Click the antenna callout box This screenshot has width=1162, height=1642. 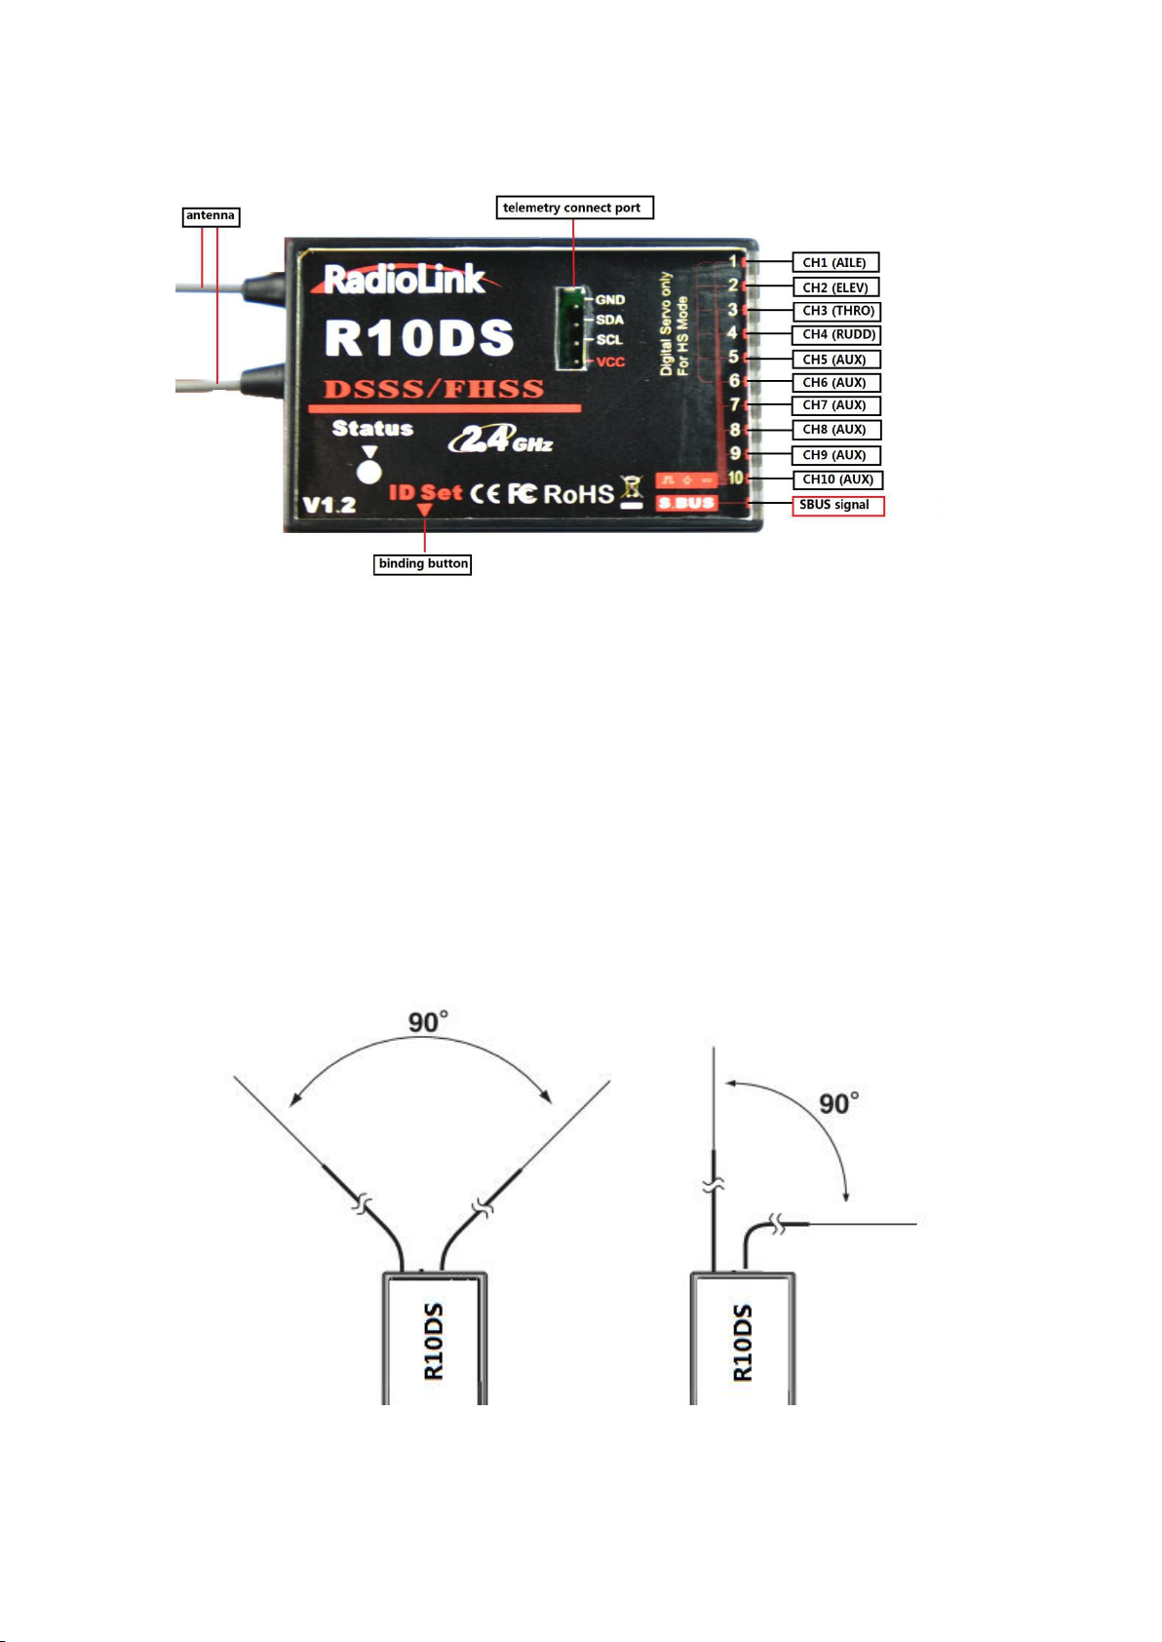pyautogui.click(x=212, y=216)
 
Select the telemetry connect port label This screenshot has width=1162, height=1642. pyautogui.click(x=575, y=208)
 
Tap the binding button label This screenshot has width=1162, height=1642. pyautogui.click(x=422, y=563)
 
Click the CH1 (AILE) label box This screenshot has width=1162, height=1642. pyautogui.click(x=835, y=262)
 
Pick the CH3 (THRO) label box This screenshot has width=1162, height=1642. pyautogui.click(x=836, y=311)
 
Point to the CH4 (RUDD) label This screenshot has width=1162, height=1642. pyautogui.click(x=836, y=335)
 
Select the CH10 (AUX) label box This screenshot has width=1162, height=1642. pyautogui.click(x=837, y=479)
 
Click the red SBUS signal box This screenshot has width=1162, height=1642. pyautogui.click(x=838, y=506)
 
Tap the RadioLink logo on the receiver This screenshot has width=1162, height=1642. pyautogui.click(x=405, y=280)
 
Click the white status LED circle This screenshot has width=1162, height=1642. pyautogui.click(x=368, y=471)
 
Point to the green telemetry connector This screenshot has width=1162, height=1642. pyautogui.click(x=571, y=327)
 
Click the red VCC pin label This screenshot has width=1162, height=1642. pyautogui.click(x=610, y=362)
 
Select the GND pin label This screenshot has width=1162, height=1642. pyautogui.click(x=610, y=300)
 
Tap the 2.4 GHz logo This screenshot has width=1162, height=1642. pyautogui.click(x=501, y=439)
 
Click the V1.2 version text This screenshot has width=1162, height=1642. pyautogui.click(x=329, y=505)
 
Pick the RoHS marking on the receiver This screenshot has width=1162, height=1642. pyautogui.click(x=578, y=494)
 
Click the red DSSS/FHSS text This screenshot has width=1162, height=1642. pyautogui.click(x=434, y=389)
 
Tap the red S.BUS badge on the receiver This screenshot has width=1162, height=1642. pyautogui.click(x=687, y=503)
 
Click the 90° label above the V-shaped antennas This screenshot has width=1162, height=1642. pyautogui.click(x=428, y=1021)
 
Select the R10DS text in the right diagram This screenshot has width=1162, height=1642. pyautogui.click(x=743, y=1342)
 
